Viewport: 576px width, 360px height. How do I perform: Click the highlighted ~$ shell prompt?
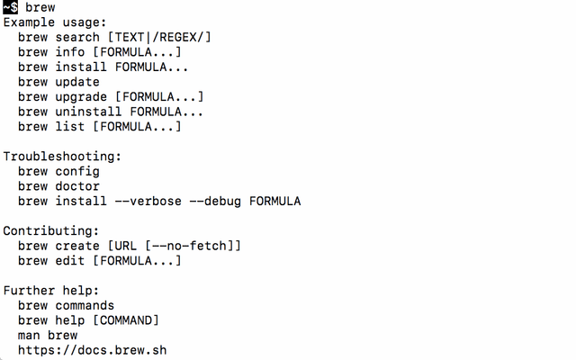tap(10, 7)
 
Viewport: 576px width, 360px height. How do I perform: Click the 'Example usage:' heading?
tap(55, 22)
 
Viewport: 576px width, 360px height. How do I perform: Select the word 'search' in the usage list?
tap(77, 37)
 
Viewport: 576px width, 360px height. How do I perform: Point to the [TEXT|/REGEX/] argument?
tap(159, 37)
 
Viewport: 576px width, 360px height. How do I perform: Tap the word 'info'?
tap(70, 52)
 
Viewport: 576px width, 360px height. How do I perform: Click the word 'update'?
tap(77, 82)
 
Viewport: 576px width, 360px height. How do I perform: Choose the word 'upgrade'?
tap(81, 97)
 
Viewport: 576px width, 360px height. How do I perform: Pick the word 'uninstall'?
tap(88, 112)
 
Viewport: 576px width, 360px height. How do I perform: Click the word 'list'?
tap(70, 126)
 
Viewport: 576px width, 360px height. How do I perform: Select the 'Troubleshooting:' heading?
tap(62, 157)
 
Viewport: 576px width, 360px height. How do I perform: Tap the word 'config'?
tap(77, 172)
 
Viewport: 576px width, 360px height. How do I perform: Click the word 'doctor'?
tap(77, 186)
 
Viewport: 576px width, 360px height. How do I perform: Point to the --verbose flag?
tap(148, 201)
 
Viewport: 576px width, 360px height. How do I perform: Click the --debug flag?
tap(215, 201)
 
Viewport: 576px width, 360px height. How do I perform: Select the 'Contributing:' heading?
tap(51, 231)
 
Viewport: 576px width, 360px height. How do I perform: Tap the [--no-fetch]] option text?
tap(193, 246)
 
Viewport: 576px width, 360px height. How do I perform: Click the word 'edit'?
tap(70, 260)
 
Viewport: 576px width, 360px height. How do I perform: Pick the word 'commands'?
tap(85, 305)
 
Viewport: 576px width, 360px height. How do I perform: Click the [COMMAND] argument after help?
tap(126, 320)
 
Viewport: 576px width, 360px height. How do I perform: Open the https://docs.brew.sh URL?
tap(92, 350)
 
